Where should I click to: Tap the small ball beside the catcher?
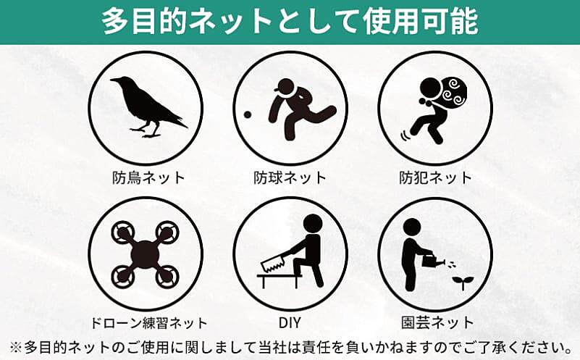[248, 115]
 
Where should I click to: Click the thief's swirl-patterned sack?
[454, 91]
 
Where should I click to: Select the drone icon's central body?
[145, 254]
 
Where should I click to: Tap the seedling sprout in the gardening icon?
[462, 282]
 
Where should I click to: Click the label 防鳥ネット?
[148, 178]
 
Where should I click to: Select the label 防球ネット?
[290, 178]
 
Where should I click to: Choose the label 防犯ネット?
[435, 178]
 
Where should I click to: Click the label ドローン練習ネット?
[148, 323]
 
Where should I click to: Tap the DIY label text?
[290, 323]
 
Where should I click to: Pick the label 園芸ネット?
[437, 323]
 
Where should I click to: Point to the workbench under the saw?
[280, 280]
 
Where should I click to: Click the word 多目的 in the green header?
[145, 22]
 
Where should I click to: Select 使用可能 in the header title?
[421, 22]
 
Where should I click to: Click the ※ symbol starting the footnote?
[16, 348]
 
